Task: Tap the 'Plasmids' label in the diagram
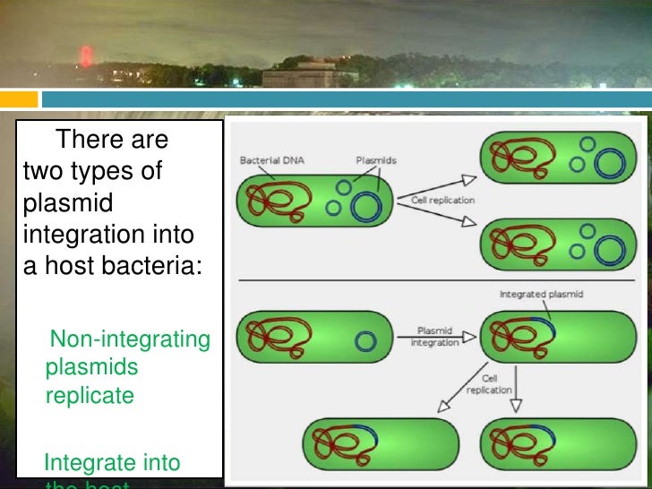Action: pos(376,161)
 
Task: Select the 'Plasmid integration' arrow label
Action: pos(435,336)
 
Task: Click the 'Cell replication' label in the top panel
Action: pos(442,200)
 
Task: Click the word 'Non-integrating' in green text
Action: pos(130,339)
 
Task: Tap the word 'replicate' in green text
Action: pos(90,395)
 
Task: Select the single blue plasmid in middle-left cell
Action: pos(364,341)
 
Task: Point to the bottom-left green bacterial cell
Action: pos(382,442)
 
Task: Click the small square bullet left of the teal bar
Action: pos(19,98)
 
